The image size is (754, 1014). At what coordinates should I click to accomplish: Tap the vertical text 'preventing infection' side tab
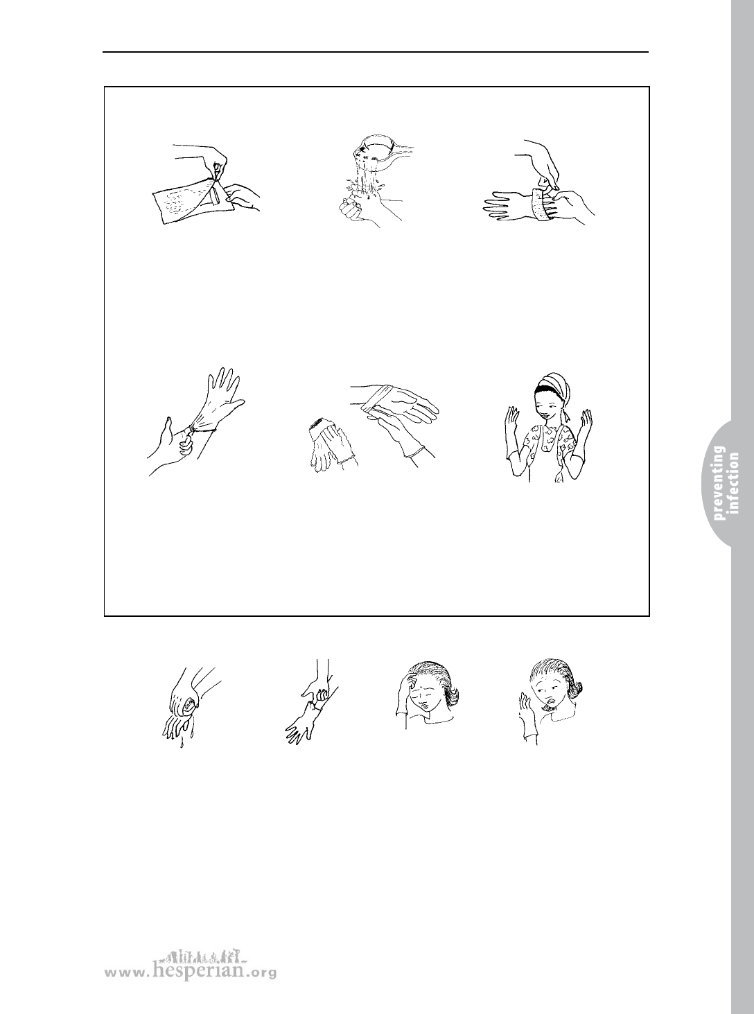(726, 483)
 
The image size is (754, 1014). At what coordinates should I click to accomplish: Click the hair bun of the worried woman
(579, 691)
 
